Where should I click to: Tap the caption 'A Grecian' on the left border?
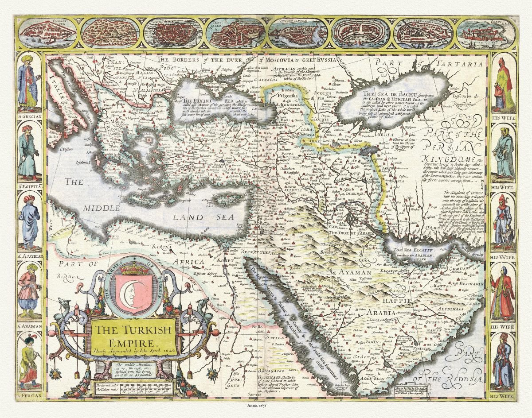pyautogui.click(x=29, y=117)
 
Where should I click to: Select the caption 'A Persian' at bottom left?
pyautogui.click(x=29, y=395)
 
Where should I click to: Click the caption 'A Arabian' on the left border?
pyautogui.click(x=29, y=326)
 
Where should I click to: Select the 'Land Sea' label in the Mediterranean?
pyautogui.click(x=194, y=217)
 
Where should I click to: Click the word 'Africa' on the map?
pyautogui.click(x=191, y=262)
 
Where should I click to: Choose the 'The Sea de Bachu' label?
pyautogui.click(x=387, y=94)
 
